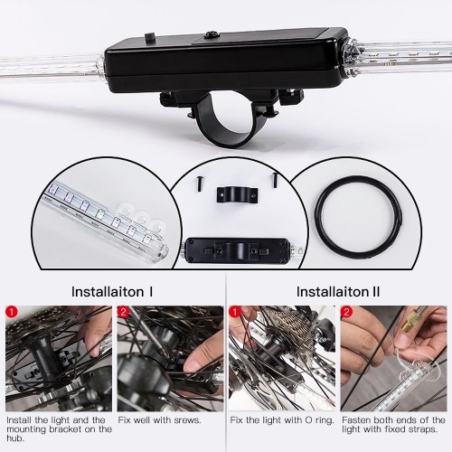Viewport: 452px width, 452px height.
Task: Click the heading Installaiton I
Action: (x=112, y=292)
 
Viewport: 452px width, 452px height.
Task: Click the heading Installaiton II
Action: (x=338, y=292)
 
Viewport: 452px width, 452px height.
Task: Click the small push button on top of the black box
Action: (x=149, y=38)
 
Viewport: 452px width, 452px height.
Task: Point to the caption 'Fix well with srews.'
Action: (x=159, y=420)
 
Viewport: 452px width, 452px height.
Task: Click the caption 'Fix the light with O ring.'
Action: (x=282, y=420)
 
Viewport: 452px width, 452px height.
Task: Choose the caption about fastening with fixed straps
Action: (x=393, y=425)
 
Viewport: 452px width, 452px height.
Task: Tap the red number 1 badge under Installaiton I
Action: (x=12, y=312)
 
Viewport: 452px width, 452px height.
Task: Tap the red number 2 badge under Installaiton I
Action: (x=123, y=312)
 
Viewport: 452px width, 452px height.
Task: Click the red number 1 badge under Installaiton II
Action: (x=235, y=312)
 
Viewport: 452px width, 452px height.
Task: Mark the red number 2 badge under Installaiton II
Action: (x=346, y=312)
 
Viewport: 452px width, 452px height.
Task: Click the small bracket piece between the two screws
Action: (x=237, y=194)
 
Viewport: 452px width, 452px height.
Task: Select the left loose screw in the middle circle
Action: (x=199, y=183)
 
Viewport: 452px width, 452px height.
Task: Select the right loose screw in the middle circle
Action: (x=275, y=179)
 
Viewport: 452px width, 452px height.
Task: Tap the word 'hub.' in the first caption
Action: (x=15, y=438)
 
